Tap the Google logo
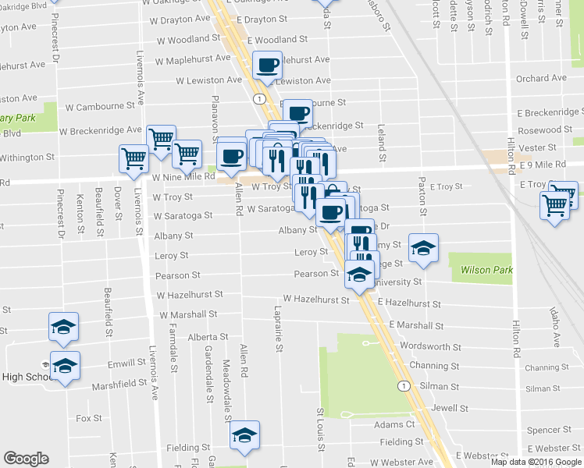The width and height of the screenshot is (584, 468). [26, 459]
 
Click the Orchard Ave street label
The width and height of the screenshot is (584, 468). [541, 78]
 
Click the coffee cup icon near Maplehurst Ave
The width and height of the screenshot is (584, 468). [267, 66]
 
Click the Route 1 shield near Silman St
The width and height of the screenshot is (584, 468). [403, 385]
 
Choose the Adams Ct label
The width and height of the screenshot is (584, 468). [394, 424]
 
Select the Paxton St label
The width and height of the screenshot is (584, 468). [422, 197]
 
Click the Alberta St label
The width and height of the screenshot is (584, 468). [206, 337]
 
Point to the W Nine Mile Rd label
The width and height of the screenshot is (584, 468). [183, 177]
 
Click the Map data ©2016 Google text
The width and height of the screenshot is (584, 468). [536, 462]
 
